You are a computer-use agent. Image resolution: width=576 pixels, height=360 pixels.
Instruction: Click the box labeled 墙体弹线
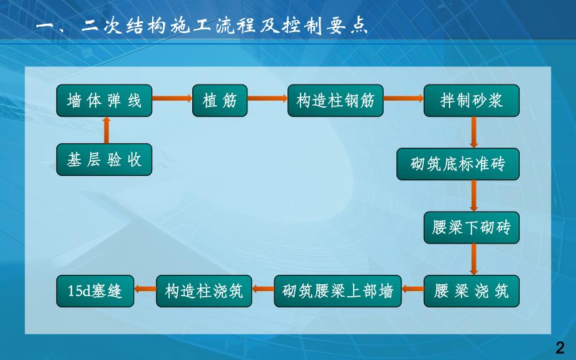click(x=105, y=100)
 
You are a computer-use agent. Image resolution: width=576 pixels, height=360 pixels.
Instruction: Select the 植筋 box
click(x=220, y=100)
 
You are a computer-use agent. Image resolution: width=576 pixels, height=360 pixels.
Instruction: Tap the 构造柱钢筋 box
click(x=336, y=100)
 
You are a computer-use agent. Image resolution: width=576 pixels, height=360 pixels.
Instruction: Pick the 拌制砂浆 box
click(x=471, y=100)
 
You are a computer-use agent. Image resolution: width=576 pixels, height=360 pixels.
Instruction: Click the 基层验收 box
click(x=105, y=160)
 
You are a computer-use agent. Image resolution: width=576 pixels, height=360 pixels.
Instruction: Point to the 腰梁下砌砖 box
click(x=471, y=227)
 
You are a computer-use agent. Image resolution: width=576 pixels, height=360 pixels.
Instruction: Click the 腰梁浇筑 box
click(x=471, y=291)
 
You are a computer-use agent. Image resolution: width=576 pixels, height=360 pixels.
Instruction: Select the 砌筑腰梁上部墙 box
click(x=337, y=291)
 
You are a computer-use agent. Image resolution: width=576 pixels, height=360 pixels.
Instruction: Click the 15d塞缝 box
click(x=95, y=291)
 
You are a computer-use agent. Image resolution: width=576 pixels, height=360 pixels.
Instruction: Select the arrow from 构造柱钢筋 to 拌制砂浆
click(x=403, y=98)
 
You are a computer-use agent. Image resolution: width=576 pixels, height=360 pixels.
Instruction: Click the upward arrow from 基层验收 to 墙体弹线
click(x=105, y=131)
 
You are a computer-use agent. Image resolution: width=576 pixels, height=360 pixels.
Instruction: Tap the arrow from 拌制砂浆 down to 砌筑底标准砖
click(x=473, y=132)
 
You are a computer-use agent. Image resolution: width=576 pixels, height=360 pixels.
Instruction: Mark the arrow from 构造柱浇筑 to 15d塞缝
click(x=145, y=288)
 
